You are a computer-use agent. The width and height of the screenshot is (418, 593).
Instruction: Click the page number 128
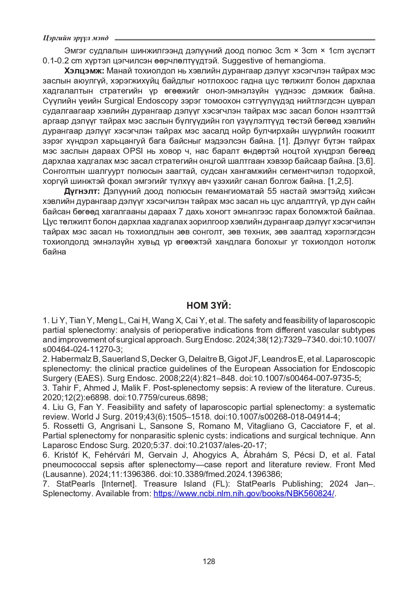click(209, 561)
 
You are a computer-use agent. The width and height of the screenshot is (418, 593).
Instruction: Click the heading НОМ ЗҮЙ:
click(209, 306)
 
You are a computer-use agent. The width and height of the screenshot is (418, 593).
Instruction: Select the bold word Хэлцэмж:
click(84, 71)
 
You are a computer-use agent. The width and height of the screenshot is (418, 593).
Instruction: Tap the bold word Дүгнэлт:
click(82, 192)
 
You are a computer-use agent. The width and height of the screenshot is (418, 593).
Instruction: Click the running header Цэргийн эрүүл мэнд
click(76, 38)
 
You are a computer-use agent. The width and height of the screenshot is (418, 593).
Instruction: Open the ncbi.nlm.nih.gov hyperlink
click(244, 493)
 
